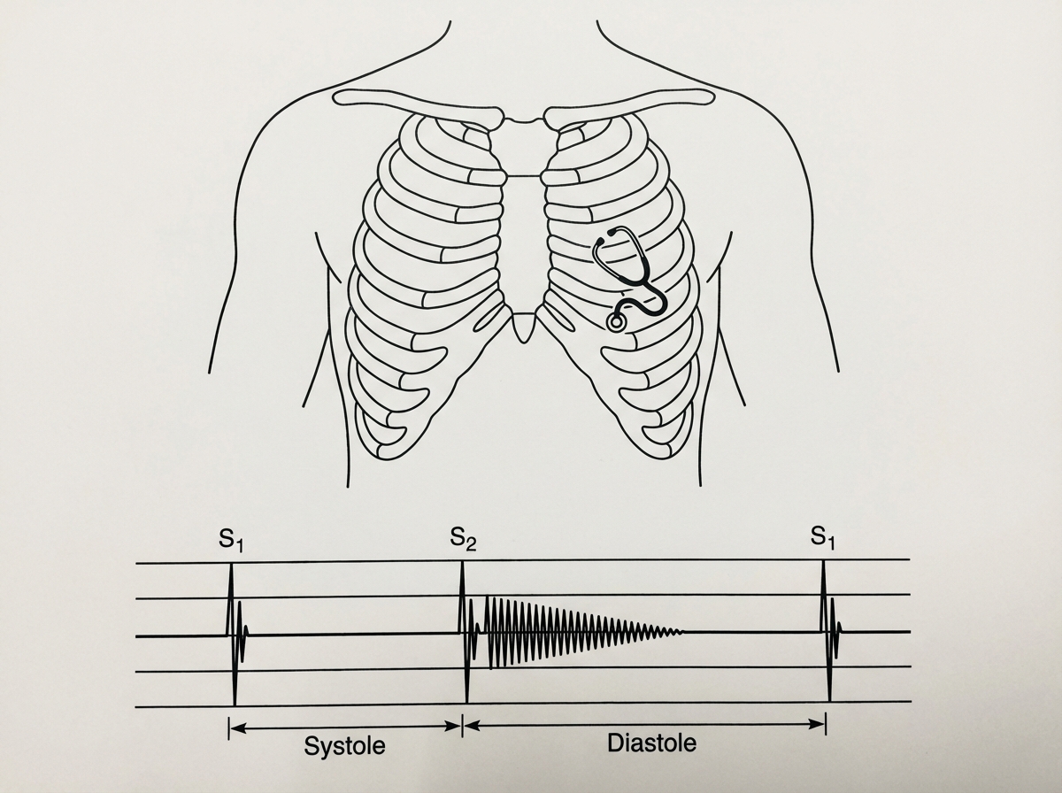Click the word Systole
pyautogui.click(x=344, y=745)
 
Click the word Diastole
pyautogui.click(x=651, y=743)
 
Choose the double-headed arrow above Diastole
pyautogui.click(x=645, y=725)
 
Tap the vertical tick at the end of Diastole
pyautogui.click(x=826, y=724)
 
